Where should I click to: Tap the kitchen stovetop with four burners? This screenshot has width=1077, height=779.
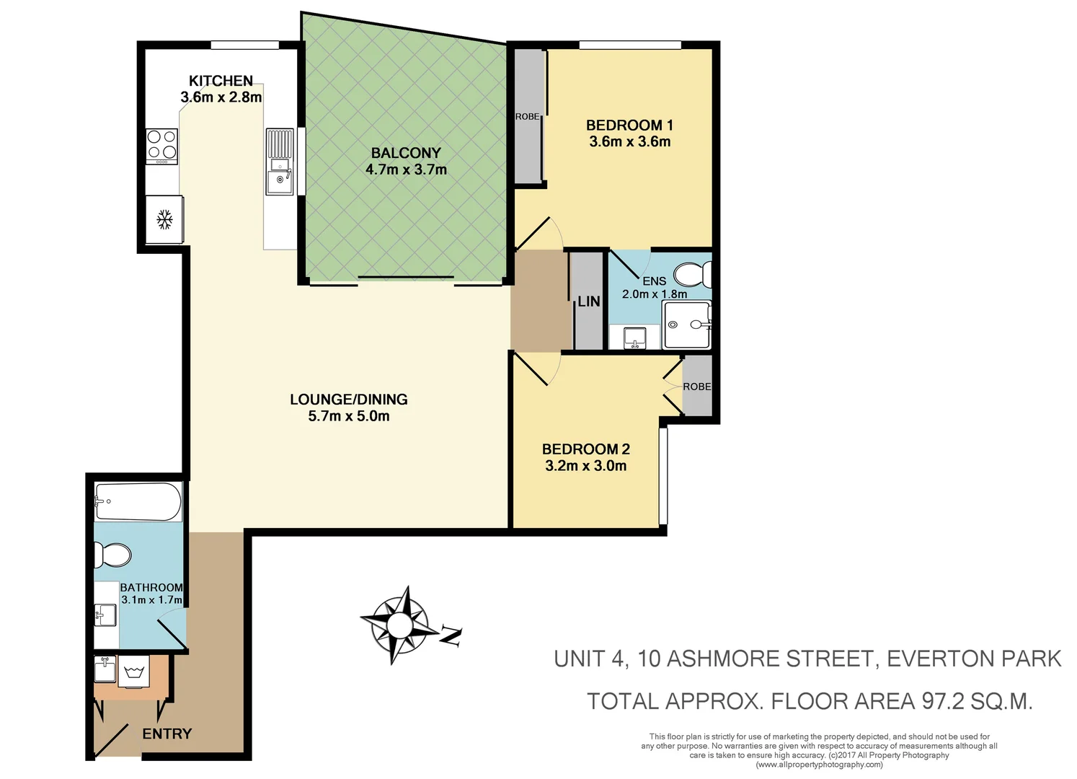161,146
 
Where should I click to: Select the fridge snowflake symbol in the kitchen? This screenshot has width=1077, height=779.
164,220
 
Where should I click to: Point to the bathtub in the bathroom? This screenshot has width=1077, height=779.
137,501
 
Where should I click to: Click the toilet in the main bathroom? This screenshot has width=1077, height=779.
112,555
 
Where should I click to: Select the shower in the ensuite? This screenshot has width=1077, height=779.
686,325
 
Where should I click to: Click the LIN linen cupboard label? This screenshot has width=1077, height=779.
588,302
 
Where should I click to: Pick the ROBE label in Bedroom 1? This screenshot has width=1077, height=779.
527,117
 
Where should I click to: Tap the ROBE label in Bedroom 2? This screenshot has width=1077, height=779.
696,387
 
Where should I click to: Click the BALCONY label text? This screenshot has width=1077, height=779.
406,153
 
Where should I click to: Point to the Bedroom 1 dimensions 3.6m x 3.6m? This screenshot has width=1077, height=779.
629,142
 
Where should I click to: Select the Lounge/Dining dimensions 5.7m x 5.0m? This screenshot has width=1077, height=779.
349,416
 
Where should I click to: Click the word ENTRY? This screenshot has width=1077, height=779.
167,734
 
